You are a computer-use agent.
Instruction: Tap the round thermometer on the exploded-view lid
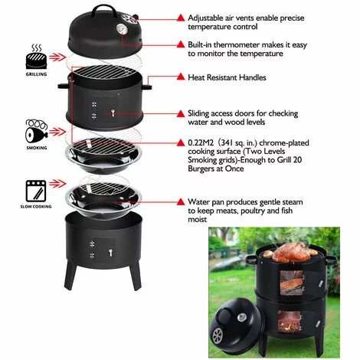pyautogui.click(x=123, y=29)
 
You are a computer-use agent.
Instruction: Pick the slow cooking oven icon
pyautogui.click(x=36, y=191)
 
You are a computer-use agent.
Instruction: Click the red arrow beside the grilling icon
pyautogui.click(x=57, y=57)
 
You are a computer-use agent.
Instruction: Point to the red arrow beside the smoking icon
pyautogui.click(x=57, y=132)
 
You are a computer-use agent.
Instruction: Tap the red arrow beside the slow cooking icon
pyautogui.click(x=57, y=184)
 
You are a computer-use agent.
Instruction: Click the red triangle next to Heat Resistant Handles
pyautogui.click(x=181, y=77)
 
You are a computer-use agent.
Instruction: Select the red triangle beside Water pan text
pyautogui.click(x=181, y=201)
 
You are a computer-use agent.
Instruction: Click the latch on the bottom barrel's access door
pyautogui.click(x=110, y=252)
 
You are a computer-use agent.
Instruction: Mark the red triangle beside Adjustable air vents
pyautogui.click(x=181, y=18)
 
